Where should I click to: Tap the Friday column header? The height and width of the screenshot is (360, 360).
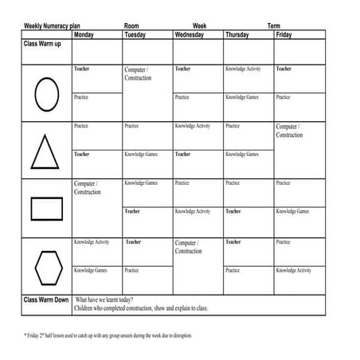[x=284, y=36]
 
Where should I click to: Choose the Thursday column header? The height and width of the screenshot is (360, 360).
[x=239, y=36]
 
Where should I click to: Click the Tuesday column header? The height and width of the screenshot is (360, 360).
[x=135, y=36]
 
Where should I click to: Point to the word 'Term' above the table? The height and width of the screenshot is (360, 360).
[x=273, y=26]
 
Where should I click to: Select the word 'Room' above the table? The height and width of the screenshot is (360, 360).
[x=131, y=26]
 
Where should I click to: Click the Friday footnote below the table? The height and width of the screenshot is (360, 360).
[x=108, y=335]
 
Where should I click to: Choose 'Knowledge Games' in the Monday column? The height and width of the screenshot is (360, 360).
[x=91, y=270]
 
